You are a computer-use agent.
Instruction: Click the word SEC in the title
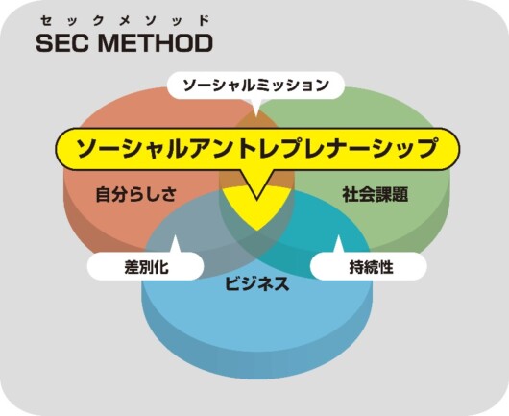62,43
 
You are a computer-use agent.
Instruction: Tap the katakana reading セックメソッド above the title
124,21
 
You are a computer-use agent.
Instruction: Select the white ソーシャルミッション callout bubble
255,86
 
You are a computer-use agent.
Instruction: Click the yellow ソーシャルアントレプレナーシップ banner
257,149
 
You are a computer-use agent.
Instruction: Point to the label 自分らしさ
136,194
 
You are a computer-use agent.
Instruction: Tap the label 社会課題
376,194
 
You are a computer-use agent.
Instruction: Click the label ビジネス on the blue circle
256,283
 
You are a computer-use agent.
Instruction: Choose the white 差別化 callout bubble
145,266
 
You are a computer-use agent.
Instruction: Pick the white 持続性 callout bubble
369,266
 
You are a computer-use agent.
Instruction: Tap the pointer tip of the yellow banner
256,199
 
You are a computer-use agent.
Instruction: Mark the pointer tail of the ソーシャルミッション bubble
256,114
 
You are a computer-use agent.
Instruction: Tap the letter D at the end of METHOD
204,43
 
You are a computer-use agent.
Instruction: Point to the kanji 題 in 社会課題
400,194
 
